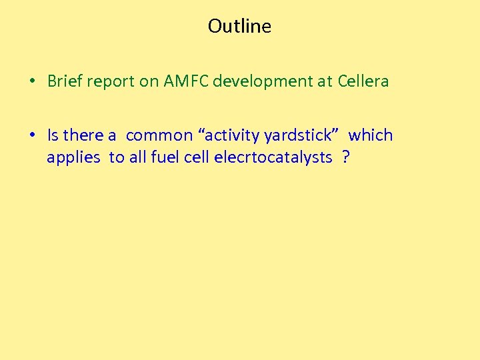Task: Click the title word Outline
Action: coord(239,26)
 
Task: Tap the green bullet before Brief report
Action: coord(32,82)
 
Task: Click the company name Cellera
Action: coord(363,81)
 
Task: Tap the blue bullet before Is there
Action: coord(32,135)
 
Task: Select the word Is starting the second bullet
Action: coord(53,135)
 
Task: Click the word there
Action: coord(83,135)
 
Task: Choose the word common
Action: coord(159,135)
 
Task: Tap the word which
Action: coord(371,135)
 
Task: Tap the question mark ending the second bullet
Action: coord(345,157)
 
